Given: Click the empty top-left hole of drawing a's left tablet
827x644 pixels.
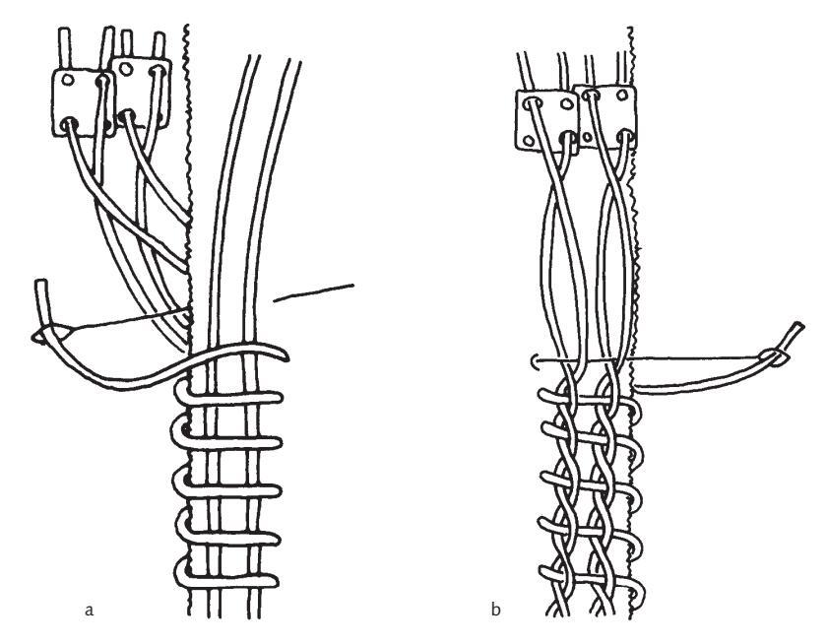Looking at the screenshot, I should [67, 81].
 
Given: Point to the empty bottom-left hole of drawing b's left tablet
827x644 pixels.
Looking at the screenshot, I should [532, 139].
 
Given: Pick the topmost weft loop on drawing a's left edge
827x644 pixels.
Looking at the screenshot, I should [180, 397].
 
